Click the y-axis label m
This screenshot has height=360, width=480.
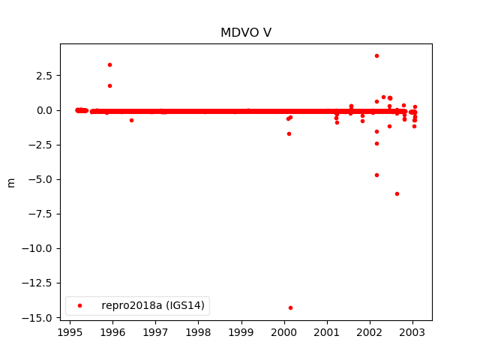[11, 182]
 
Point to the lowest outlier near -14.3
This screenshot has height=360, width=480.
[290, 307]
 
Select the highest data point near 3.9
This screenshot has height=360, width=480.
[376, 55]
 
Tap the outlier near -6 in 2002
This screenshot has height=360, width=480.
[397, 193]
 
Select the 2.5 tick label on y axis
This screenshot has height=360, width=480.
[45, 76]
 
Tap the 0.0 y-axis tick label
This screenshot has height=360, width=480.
[45, 110]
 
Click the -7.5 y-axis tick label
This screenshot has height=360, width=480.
[42, 214]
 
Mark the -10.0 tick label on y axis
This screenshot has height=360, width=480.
[39, 249]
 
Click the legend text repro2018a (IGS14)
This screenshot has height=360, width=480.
[154, 305]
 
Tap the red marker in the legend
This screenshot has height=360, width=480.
[79, 305]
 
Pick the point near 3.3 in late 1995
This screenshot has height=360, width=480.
[109, 64]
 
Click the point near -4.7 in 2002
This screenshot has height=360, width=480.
[376, 175]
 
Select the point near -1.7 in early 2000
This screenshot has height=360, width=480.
[289, 133]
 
